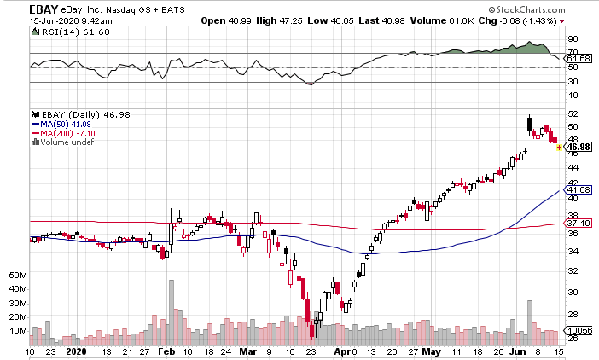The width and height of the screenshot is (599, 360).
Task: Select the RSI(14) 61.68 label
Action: click(56, 31)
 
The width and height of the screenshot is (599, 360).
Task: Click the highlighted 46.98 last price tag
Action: click(579, 148)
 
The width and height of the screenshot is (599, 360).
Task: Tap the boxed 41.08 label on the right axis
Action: click(579, 190)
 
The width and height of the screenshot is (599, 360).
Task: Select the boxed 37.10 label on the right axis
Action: click(579, 223)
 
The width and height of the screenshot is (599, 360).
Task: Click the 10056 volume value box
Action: click(579, 329)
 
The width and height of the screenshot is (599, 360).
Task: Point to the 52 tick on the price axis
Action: click(573, 113)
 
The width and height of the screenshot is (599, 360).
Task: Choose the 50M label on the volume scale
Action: click(19, 276)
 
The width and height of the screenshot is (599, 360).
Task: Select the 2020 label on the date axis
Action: click(76, 351)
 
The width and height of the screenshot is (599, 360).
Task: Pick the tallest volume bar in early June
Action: click(530, 316)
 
